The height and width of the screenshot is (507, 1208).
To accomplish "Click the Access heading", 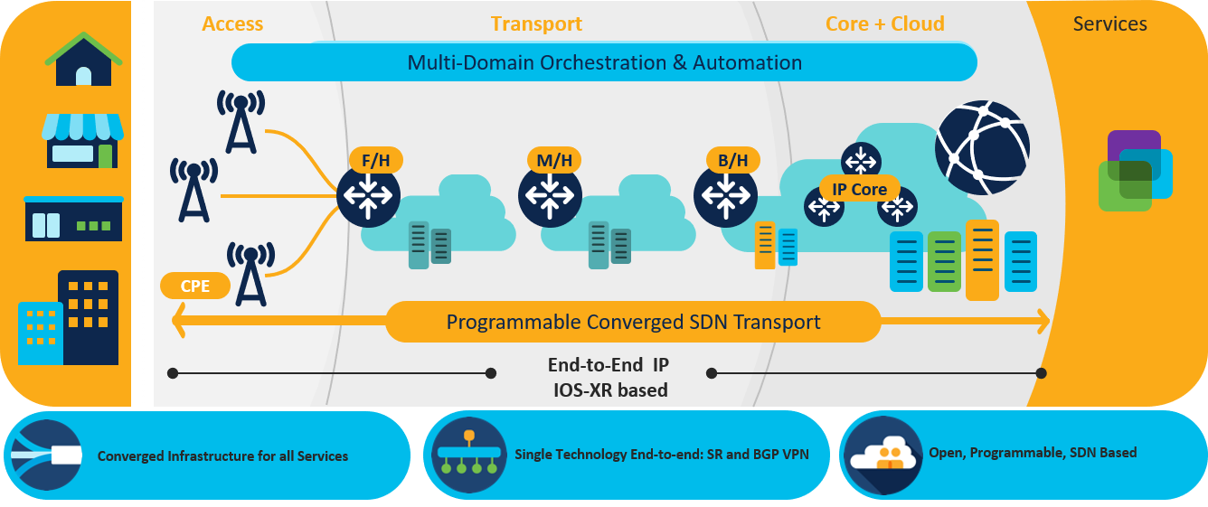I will (232, 23).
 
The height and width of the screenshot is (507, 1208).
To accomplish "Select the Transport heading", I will (536, 23).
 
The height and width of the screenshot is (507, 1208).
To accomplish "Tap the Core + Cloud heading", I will (884, 23).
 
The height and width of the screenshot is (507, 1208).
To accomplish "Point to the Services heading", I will (1109, 23).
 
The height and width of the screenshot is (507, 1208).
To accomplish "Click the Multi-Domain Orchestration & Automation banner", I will (604, 63).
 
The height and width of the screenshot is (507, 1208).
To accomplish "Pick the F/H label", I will (375, 161).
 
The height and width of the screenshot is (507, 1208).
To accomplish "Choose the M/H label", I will (554, 161).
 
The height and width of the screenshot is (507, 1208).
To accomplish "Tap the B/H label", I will (732, 161).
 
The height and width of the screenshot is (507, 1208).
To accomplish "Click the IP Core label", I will (859, 189).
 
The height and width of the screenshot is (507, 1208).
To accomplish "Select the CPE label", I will (195, 286).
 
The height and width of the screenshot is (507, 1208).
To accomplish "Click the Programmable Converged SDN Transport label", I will (633, 322).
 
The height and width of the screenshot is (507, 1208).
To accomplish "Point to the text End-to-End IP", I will (609, 365).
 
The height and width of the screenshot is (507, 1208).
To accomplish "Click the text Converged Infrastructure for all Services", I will (222, 456).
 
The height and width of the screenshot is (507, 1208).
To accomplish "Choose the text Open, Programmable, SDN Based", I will (1033, 452).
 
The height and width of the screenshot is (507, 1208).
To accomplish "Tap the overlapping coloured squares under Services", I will (1135, 171).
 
